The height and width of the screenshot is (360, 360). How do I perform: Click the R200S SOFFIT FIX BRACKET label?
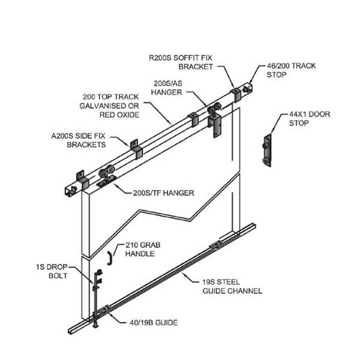[x=181, y=62]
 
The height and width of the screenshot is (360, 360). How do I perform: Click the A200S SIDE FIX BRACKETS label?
[x=79, y=140]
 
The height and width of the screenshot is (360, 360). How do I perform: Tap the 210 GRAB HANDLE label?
[x=142, y=249]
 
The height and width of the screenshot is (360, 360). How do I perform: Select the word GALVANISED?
[x=110, y=105]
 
